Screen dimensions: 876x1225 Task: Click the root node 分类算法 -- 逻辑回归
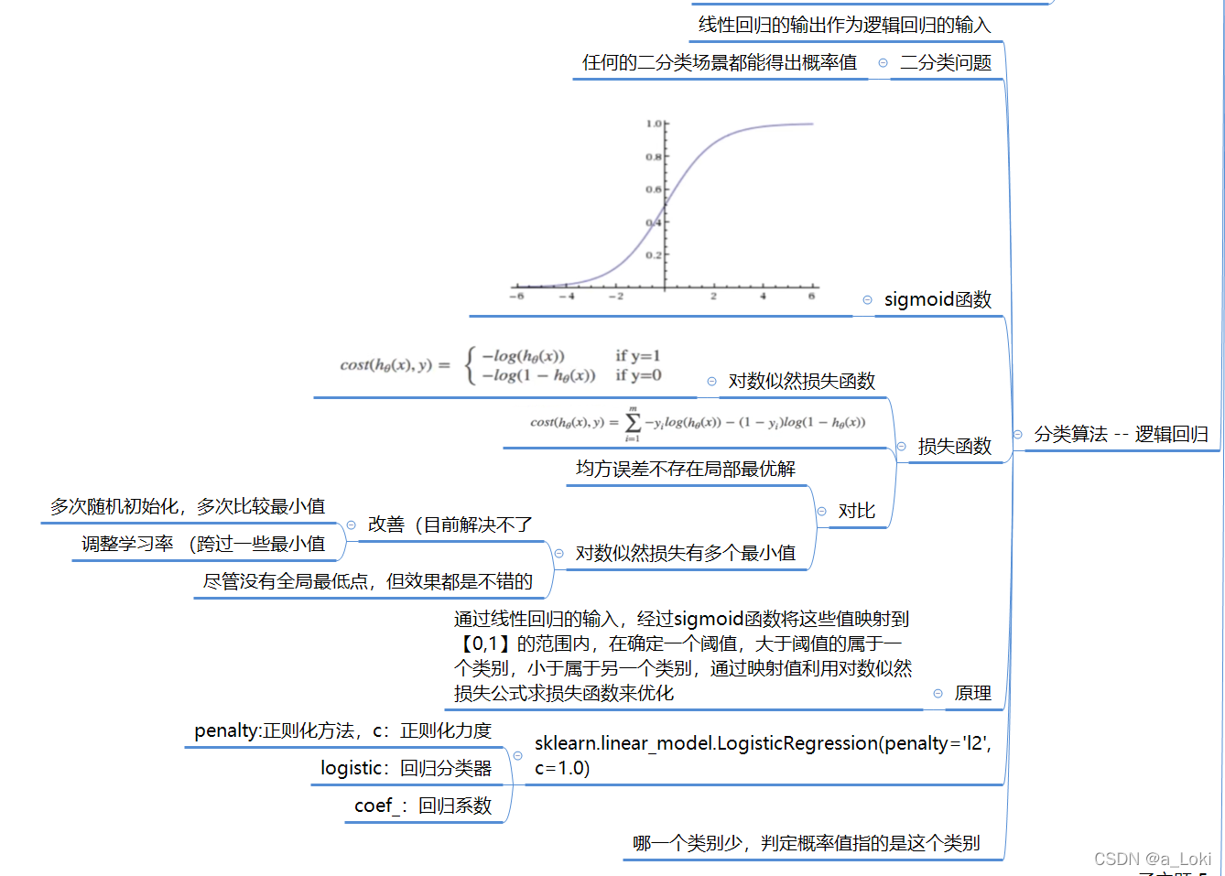point(1121,434)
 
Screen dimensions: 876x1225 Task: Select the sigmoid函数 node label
point(938,299)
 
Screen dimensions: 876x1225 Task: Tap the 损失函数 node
point(954,446)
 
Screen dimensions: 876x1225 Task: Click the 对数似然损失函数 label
point(801,381)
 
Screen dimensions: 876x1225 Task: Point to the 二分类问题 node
point(945,62)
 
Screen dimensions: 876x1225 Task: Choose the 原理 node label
point(972,693)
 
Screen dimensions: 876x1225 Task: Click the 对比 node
point(856,511)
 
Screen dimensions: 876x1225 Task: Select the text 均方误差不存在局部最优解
point(685,469)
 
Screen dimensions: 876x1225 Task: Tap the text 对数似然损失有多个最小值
point(685,553)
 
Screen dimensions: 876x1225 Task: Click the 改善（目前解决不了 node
point(450,525)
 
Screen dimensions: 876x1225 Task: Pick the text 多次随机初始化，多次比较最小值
point(188,506)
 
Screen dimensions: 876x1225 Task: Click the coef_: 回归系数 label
point(423,806)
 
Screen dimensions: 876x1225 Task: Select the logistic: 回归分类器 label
point(406,768)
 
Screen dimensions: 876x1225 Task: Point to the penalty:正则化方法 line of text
point(342,730)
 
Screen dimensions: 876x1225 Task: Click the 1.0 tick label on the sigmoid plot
point(654,124)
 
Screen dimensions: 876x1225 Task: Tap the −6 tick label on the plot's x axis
point(516,297)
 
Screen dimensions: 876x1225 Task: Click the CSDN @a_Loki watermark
point(1152,859)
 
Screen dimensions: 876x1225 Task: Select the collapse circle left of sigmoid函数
point(867,300)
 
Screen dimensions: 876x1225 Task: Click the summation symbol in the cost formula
point(633,423)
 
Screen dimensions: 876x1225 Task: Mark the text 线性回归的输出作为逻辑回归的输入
point(844,25)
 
